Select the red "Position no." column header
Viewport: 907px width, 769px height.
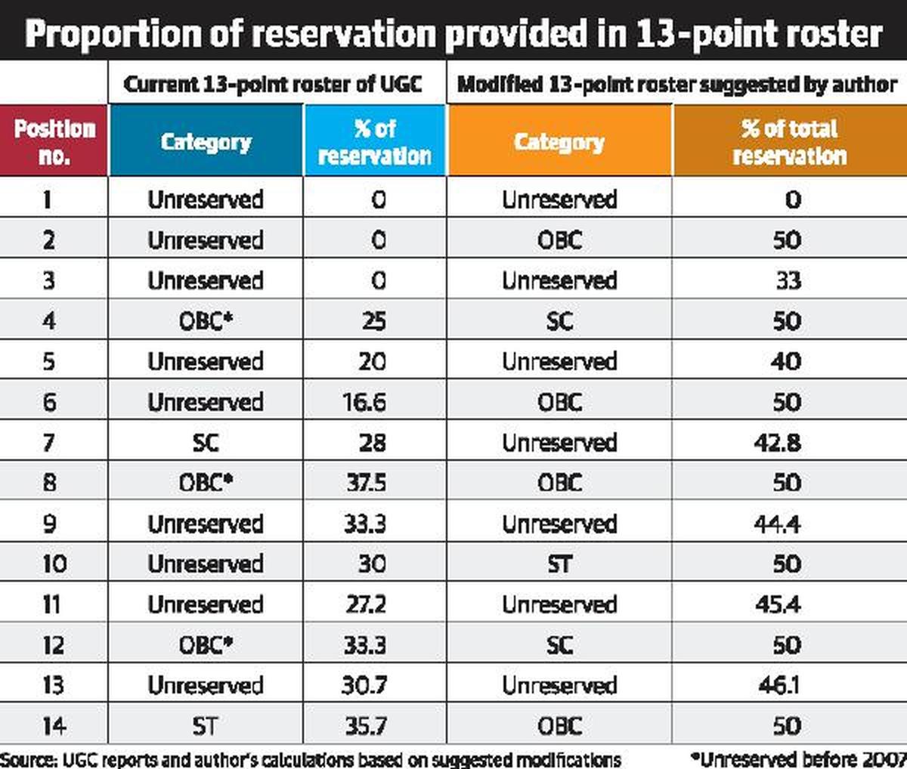(54, 141)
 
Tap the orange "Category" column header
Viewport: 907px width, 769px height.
(559, 142)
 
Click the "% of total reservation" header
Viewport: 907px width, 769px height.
(789, 141)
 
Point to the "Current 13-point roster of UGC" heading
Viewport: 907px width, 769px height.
(273, 84)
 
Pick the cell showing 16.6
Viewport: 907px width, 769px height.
(364, 402)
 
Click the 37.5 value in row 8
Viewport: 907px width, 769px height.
(366, 483)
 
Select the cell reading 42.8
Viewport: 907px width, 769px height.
(777, 443)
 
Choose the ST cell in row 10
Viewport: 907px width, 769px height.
(559, 564)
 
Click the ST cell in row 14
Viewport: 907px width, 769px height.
(205, 726)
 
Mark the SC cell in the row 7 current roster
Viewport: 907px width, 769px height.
(205, 443)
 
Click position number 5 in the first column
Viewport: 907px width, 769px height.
(49, 362)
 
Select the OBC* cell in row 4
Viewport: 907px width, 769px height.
(205, 321)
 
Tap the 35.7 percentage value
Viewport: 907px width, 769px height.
(366, 726)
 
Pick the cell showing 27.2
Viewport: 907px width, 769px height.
(366, 604)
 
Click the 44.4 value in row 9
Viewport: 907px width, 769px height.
(777, 523)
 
